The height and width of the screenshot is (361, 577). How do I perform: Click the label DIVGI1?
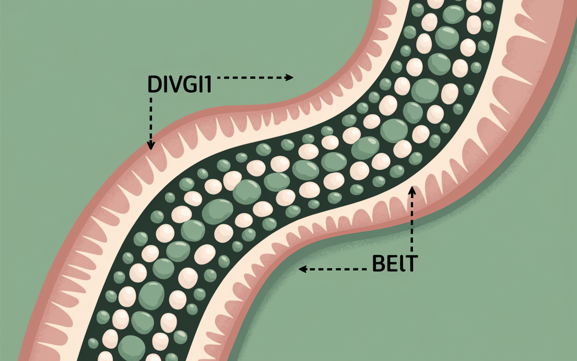179,84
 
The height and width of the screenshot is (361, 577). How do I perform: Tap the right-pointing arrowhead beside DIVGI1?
289,78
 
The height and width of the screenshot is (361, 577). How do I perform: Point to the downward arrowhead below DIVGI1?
151,145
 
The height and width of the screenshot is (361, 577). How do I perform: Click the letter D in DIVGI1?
154,84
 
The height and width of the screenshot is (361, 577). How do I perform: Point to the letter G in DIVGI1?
189,84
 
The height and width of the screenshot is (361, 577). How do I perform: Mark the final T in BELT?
410,264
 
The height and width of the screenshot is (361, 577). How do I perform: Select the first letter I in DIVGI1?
164,84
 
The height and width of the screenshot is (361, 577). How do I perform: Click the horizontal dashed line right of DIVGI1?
252,78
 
